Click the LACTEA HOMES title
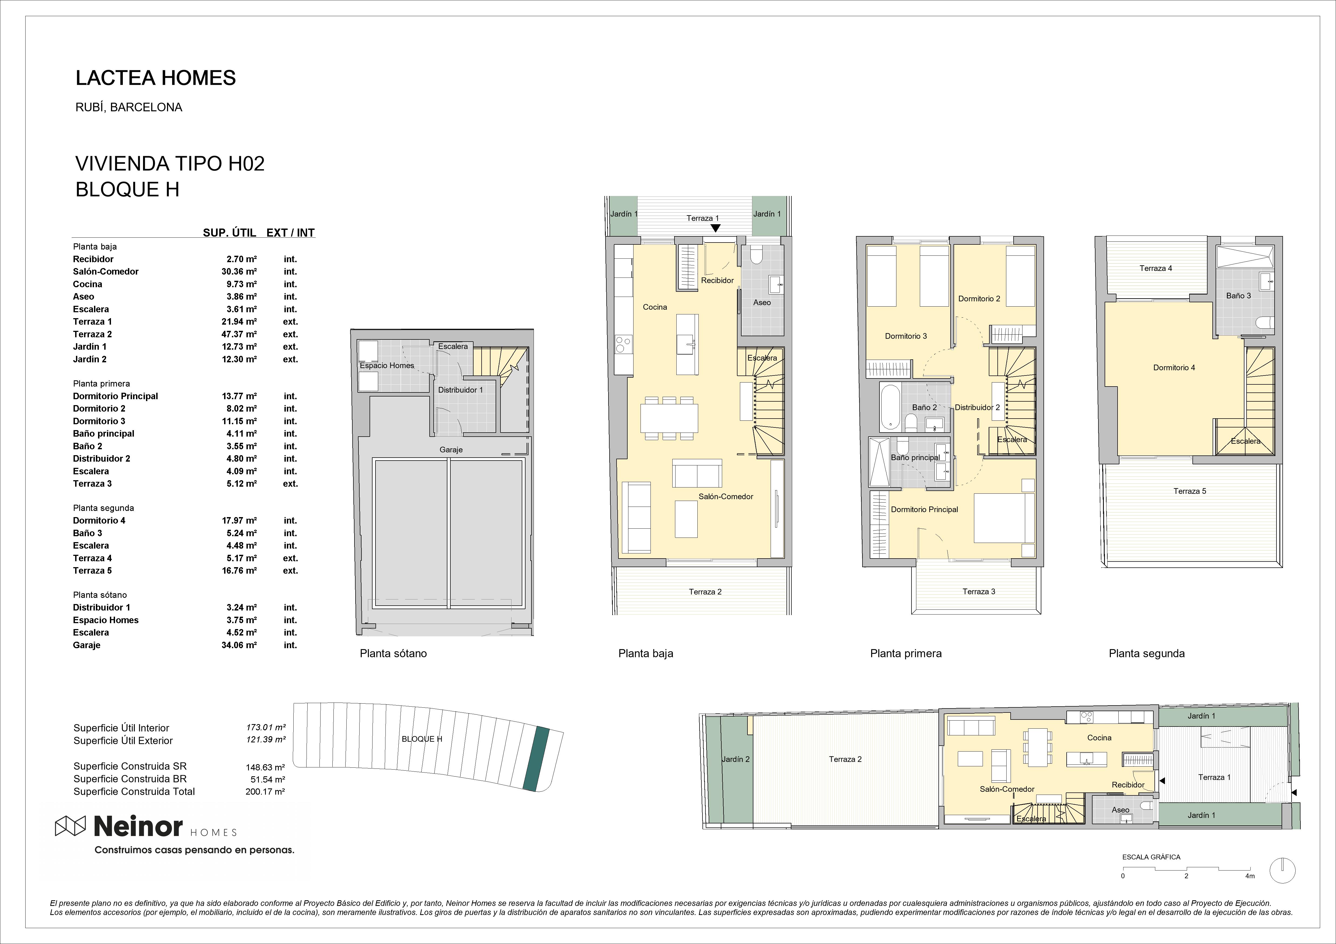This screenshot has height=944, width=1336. pyautogui.click(x=156, y=78)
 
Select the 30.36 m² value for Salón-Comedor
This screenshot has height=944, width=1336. pyautogui.click(x=239, y=272)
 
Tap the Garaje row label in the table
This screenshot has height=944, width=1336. pyautogui.click(x=87, y=645)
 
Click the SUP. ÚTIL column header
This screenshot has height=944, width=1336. pyautogui.click(x=229, y=233)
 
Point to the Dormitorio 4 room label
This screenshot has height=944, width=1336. pyautogui.click(x=1174, y=368)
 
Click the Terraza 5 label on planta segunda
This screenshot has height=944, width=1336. pyautogui.click(x=1190, y=491)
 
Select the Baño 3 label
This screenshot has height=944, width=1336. pyautogui.click(x=1239, y=296)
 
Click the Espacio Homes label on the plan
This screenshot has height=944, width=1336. pyautogui.click(x=387, y=365)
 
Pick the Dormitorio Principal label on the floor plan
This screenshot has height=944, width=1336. pyautogui.click(x=925, y=510)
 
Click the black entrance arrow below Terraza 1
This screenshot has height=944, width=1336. pyautogui.click(x=715, y=228)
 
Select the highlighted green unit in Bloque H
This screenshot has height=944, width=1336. pyautogui.click(x=536, y=759)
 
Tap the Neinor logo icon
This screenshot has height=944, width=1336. pyautogui.click(x=70, y=826)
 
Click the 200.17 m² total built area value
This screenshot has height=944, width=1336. pyautogui.click(x=265, y=792)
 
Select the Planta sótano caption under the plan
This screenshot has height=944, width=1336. pyautogui.click(x=393, y=653)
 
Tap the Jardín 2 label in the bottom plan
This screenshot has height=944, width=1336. pyautogui.click(x=736, y=759)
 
